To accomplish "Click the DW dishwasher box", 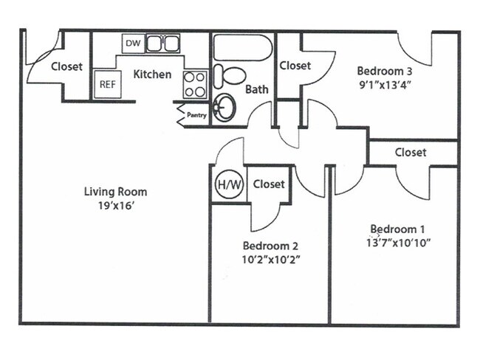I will click(132, 44).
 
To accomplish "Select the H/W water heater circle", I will click(226, 184).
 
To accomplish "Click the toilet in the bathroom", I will click(233, 76).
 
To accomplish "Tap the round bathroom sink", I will click(222, 110).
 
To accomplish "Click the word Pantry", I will click(196, 115).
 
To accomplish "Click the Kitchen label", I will click(152, 74).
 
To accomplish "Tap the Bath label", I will click(256, 90).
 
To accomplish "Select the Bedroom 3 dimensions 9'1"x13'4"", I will click(383, 84).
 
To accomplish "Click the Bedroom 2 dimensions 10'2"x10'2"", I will click(271, 259).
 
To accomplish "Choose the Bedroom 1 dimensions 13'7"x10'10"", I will click(397, 243).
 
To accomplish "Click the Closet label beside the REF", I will click(67, 66).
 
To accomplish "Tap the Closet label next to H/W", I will click(269, 184).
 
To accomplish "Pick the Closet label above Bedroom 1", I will click(410, 153).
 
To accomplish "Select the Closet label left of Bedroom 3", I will click(295, 66).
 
